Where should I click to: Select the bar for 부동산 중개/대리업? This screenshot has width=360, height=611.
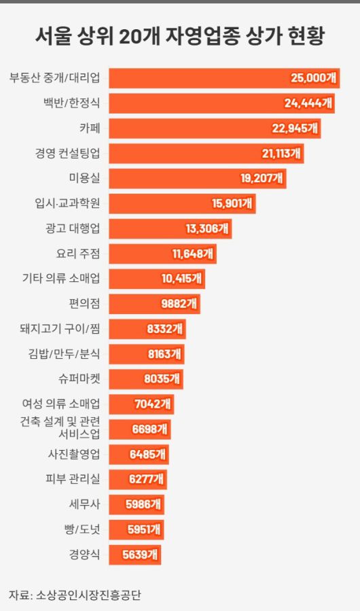[x=224, y=78]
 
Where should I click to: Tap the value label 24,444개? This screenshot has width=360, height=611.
[x=308, y=103]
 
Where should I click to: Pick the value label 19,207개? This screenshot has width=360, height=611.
[x=262, y=179]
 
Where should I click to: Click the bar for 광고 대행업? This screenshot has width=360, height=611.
[x=170, y=229]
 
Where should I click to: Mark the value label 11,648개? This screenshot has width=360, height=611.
[x=193, y=254]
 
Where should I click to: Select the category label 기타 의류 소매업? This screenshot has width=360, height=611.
[x=61, y=279]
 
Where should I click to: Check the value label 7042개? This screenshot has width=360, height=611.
[x=153, y=404]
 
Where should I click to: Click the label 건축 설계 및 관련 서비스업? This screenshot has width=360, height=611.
[x=60, y=428]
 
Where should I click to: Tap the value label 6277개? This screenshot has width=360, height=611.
[x=146, y=479]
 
